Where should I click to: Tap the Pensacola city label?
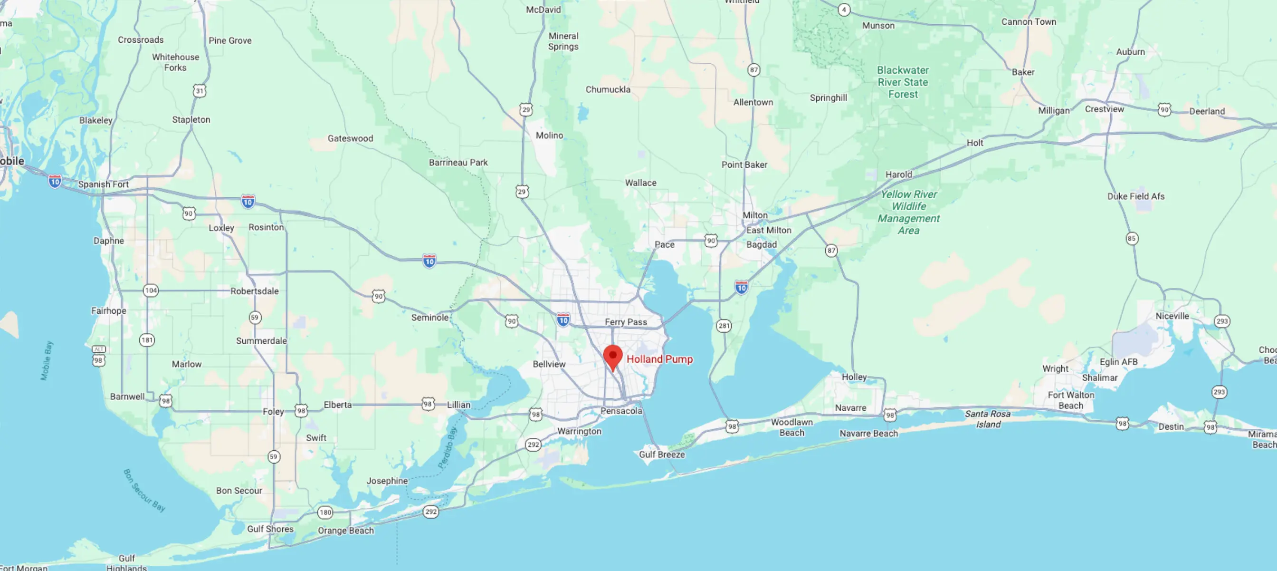(621, 411)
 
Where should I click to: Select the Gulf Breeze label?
(662, 455)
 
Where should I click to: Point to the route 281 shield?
(724, 326)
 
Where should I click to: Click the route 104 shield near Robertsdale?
(151, 290)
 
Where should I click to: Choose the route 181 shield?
(147, 340)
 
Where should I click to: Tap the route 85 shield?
(1131, 239)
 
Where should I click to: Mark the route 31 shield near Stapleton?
(199, 91)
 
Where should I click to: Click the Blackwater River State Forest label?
(903, 82)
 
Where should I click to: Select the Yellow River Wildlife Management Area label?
(909, 213)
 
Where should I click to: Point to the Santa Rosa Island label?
(988, 419)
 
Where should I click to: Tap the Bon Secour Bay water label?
(144, 490)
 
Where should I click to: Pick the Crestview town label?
(1105, 109)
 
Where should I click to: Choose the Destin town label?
(1171, 426)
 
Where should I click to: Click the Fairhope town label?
(109, 311)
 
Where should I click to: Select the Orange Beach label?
(346, 530)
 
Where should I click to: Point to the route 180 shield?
(325, 513)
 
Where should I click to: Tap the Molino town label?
(549, 135)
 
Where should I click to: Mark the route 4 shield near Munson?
(844, 10)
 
